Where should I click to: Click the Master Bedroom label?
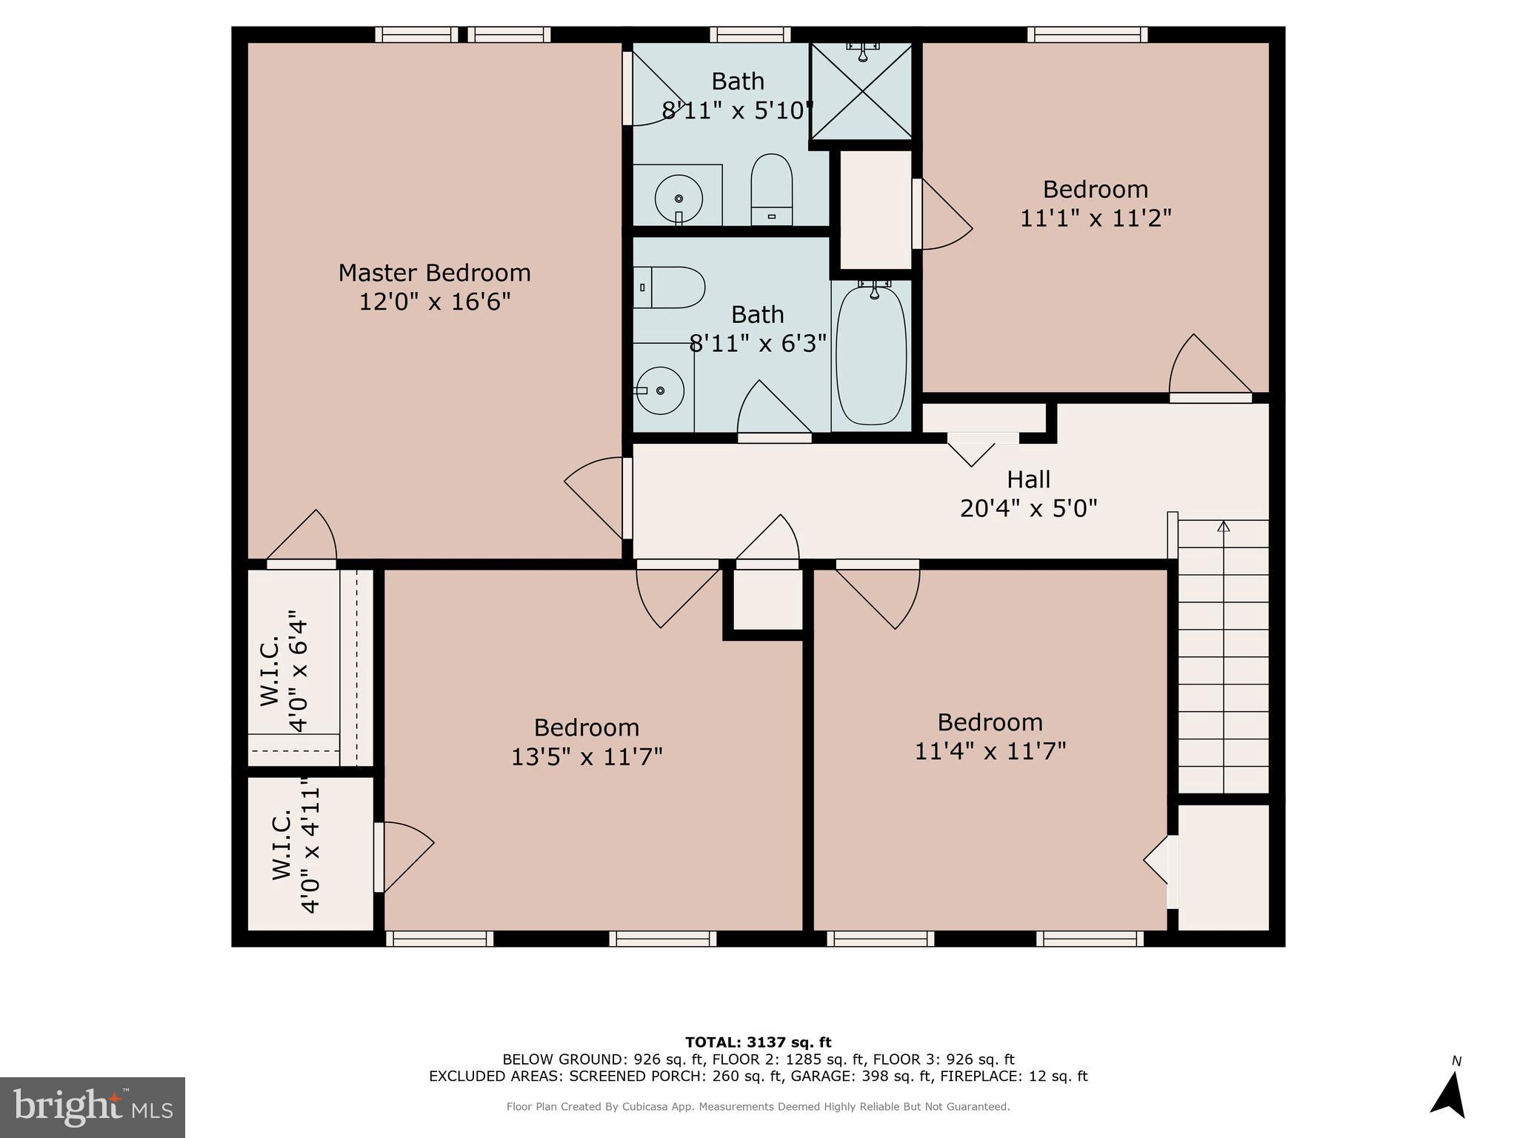(x=434, y=273)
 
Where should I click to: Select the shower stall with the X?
(x=862, y=91)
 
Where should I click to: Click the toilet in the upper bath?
(x=771, y=189)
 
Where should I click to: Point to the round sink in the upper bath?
(x=678, y=199)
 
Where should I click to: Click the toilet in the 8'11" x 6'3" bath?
(x=668, y=287)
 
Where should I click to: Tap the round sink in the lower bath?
(x=659, y=390)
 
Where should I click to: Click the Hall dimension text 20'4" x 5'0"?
(x=1028, y=508)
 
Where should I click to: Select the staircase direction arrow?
(x=1223, y=527)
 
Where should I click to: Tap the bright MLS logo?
(x=92, y=1107)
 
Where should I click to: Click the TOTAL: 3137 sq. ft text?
(x=758, y=1042)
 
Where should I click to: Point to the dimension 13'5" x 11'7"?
(x=587, y=756)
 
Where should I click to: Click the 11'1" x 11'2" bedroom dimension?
(x=1095, y=219)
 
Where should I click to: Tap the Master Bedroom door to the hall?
(x=627, y=497)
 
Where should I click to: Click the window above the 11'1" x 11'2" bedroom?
(x=1087, y=34)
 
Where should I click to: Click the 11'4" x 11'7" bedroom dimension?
(x=990, y=751)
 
